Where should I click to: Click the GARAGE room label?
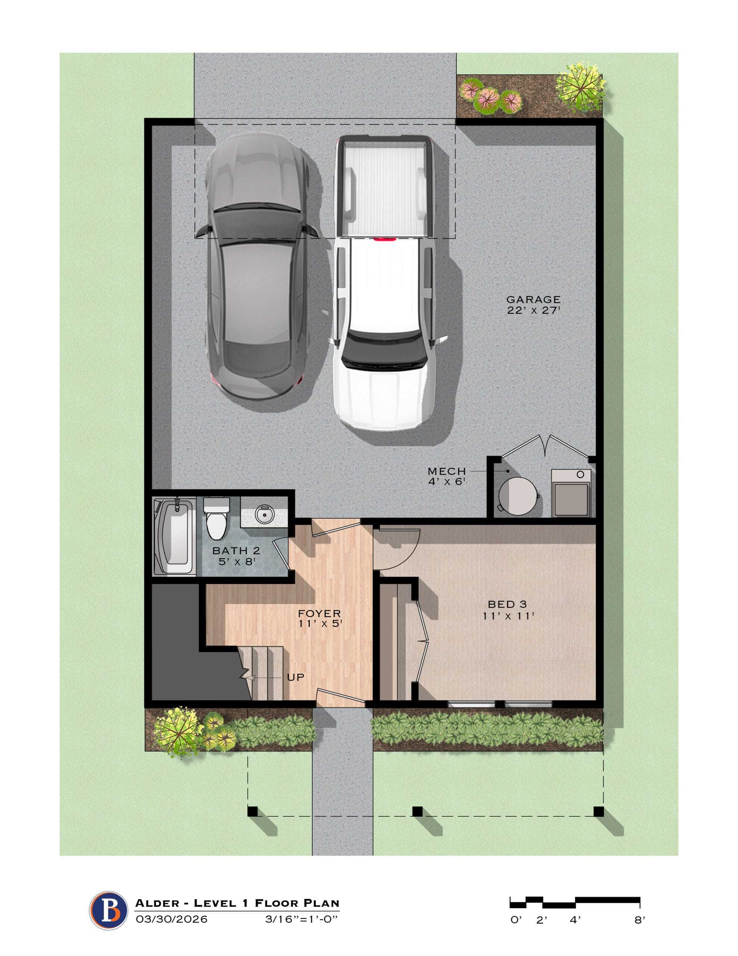click(533, 299)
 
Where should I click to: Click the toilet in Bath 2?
click(216, 518)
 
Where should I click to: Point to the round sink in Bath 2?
click(264, 515)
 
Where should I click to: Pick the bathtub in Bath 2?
click(174, 537)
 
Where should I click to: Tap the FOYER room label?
click(319, 613)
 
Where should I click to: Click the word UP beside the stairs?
click(296, 677)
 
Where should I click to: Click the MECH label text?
click(447, 471)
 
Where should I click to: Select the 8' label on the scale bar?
click(640, 921)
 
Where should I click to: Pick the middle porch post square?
click(418, 811)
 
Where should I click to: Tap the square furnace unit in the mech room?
click(571, 493)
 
